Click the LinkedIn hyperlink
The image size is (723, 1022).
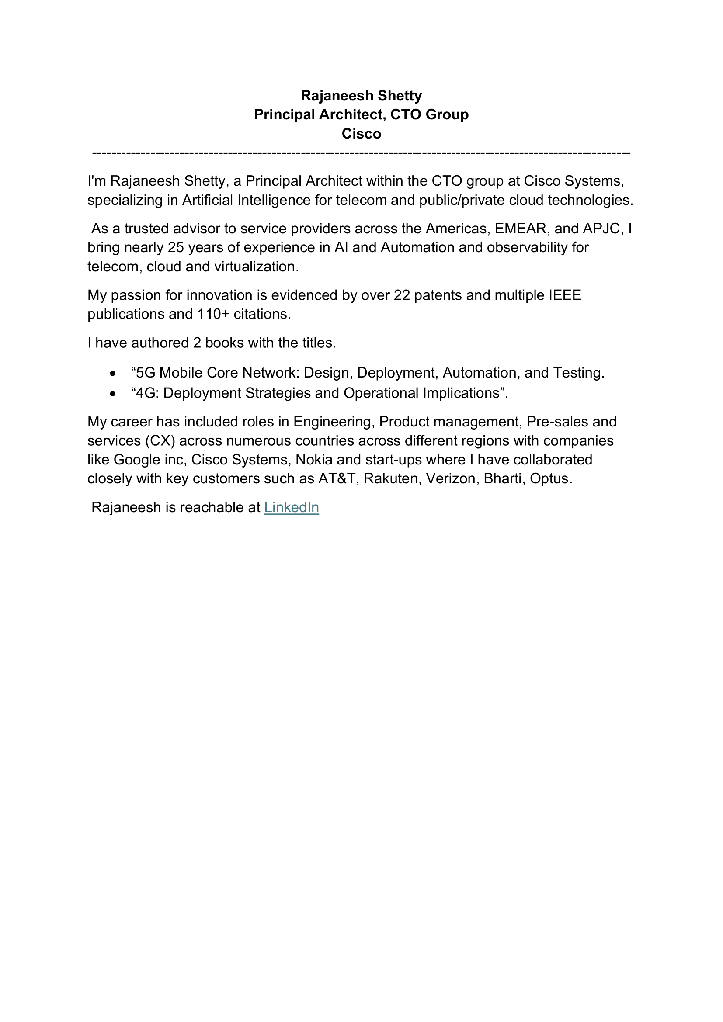coord(291,507)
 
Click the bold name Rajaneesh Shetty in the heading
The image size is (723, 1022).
coord(361,96)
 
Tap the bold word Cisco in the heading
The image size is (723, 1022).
coord(361,134)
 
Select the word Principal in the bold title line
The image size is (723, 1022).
coord(284,114)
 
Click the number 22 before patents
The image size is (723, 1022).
coord(402,295)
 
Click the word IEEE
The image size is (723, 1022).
coord(564,295)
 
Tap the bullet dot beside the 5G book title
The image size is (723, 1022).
coord(113,374)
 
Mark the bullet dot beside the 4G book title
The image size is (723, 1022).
coord(113,394)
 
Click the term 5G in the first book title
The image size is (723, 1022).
coord(146,373)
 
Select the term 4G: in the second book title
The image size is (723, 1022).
coord(147,393)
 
